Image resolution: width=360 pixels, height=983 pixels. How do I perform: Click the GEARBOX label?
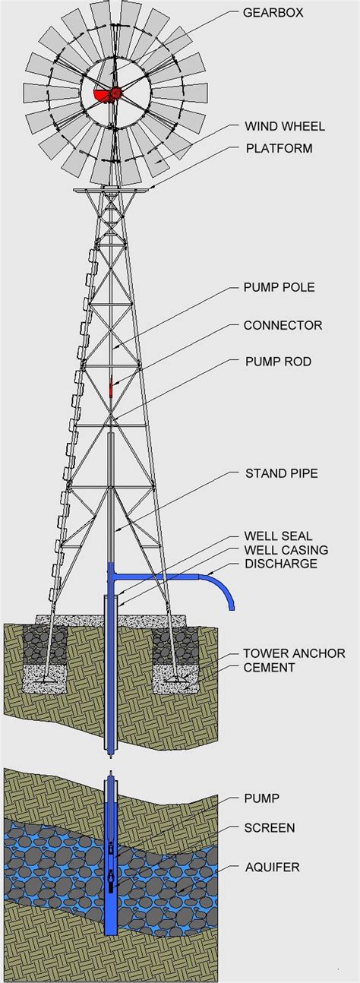[273, 13]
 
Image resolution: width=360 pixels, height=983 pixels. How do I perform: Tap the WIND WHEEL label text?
[285, 126]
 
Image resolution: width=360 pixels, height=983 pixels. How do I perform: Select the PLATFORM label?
[279, 148]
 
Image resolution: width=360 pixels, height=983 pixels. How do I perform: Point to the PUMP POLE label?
[279, 287]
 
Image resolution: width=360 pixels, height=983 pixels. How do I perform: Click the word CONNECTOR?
[283, 325]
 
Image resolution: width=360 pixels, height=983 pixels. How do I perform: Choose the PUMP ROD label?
[279, 362]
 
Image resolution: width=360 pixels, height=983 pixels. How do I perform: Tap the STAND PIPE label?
[282, 473]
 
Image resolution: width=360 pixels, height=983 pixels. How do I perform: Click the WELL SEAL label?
[279, 536]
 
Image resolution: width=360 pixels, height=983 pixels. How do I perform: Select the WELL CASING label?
[286, 550]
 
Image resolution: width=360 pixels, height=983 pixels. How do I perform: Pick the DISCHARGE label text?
[281, 564]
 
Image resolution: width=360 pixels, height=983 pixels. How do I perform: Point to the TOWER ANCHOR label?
[294, 653]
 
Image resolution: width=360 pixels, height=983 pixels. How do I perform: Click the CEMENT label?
[269, 668]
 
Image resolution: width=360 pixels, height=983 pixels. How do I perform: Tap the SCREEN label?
[270, 828]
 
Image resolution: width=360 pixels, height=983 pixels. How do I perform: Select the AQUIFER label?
[273, 867]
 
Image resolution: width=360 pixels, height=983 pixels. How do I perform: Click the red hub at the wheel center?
[115, 93]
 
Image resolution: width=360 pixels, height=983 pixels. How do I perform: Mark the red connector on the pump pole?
[111, 387]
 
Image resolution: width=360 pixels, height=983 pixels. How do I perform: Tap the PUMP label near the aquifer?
[262, 798]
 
